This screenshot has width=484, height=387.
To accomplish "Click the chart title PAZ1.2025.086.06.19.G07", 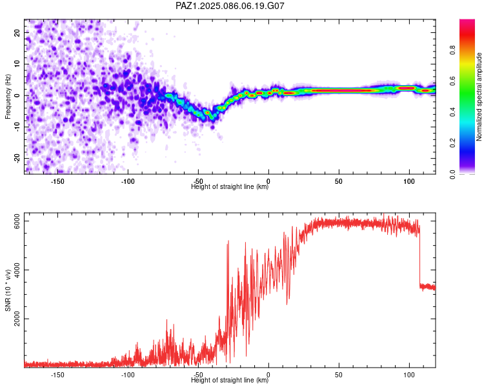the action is click(x=230, y=6).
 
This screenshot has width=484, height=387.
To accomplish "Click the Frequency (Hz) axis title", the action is click(x=8, y=97).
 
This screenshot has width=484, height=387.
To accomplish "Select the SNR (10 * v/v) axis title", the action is click(x=8, y=290).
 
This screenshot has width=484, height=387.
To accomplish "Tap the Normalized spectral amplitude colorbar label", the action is click(x=479, y=97).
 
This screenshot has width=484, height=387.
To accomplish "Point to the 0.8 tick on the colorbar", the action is click(x=452, y=50).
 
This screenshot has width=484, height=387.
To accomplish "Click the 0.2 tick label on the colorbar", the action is click(x=452, y=143).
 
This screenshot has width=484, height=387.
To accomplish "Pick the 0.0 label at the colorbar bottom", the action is click(x=452, y=174).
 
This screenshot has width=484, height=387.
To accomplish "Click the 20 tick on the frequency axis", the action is click(x=17, y=33).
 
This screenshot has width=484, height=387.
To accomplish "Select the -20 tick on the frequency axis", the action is click(x=17, y=159).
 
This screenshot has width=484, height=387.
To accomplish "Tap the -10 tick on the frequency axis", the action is click(x=17, y=127).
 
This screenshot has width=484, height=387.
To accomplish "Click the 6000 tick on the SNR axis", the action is click(x=17, y=221).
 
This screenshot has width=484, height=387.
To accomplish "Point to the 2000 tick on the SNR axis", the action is click(x=17, y=319).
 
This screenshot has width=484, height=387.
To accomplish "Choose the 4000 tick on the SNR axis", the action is click(x=17, y=270).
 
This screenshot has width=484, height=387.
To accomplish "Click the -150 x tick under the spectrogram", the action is click(x=57, y=181).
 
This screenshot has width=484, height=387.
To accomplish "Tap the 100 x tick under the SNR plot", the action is click(x=409, y=375).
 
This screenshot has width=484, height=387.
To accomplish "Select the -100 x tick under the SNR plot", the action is click(x=127, y=375).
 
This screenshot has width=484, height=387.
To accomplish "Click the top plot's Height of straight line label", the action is click(x=230, y=186).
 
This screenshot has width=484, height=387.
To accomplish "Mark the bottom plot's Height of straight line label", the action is click(x=230, y=380).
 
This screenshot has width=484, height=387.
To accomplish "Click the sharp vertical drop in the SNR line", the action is click(x=419, y=256).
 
